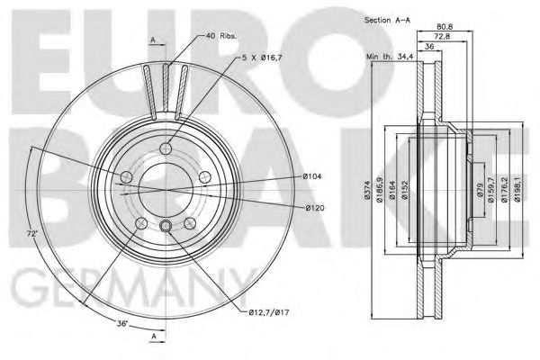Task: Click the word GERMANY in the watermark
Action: pyautogui.click(x=117, y=290)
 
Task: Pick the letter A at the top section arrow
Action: pyautogui.click(x=154, y=39)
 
